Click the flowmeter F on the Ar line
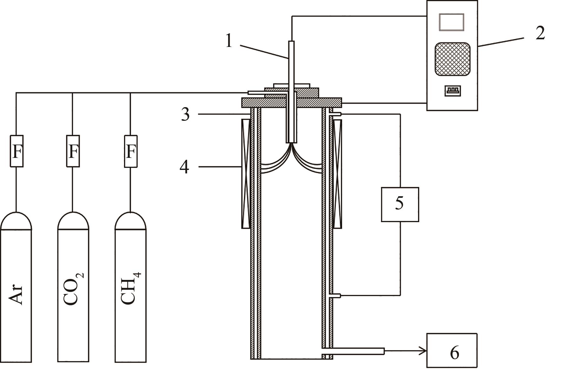tap(17, 151)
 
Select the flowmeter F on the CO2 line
tap(73, 151)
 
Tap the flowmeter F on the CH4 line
tap(131, 151)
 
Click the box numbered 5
tap(400, 204)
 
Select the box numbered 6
tap(452, 350)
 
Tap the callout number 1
tap(229, 41)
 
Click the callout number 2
tap(540, 33)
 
